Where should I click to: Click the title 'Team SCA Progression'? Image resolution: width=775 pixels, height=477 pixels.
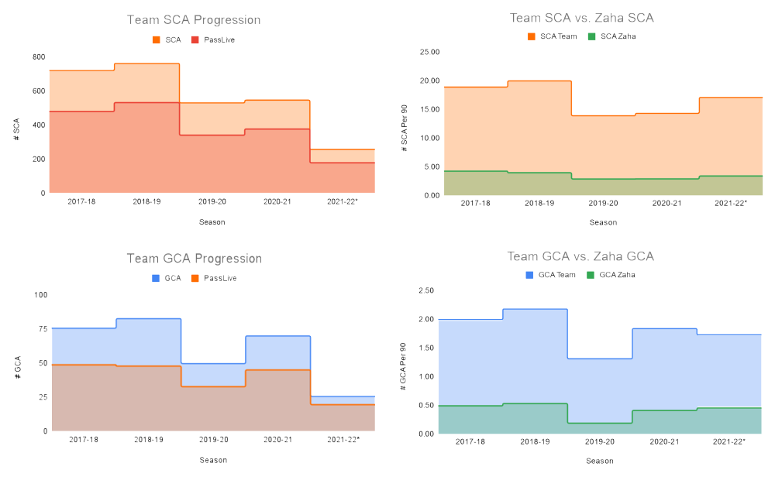194,20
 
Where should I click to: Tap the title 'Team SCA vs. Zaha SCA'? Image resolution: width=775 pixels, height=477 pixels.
581,18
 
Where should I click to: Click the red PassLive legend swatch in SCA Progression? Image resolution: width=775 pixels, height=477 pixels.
195,39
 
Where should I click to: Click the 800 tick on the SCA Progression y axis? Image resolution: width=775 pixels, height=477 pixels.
38,57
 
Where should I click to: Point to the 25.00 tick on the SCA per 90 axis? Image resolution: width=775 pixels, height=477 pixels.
429,52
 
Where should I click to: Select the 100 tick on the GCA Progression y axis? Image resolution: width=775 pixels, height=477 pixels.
39,295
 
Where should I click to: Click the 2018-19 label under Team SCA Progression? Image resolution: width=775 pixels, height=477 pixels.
146,201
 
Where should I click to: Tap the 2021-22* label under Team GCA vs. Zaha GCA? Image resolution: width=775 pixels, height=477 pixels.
728,441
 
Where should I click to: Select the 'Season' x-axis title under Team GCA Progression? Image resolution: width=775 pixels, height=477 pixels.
212,459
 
